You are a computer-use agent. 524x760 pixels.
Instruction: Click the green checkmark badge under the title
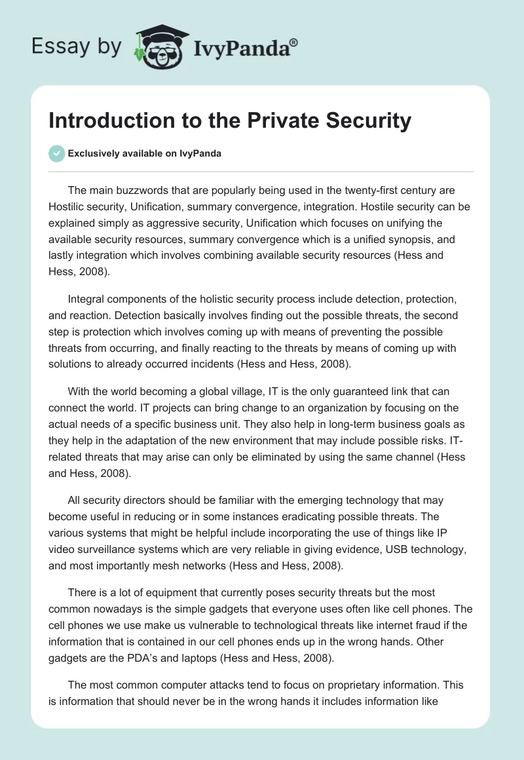tap(57, 154)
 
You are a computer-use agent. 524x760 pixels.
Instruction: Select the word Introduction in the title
tap(107, 121)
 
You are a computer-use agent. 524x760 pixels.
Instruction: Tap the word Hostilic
tap(67, 206)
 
